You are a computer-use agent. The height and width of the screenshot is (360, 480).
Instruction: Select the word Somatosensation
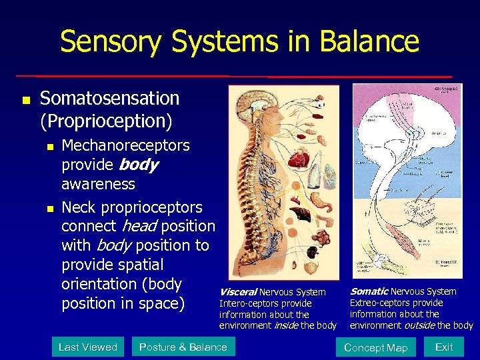click(x=109, y=98)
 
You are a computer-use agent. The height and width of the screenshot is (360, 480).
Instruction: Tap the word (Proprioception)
click(x=106, y=121)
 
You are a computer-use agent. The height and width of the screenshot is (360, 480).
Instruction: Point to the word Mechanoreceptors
click(x=125, y=145)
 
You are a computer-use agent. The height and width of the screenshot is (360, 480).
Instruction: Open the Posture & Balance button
click(x=183, y=347)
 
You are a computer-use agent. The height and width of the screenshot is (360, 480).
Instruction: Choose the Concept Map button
click(x=375, y=347)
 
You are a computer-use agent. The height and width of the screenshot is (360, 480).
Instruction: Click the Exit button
click(x=444, y=347)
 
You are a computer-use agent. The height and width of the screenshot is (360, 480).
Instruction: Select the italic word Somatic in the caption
click(x=369, y=291)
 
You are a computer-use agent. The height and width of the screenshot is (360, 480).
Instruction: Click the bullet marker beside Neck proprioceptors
click(x=45, y=209)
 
